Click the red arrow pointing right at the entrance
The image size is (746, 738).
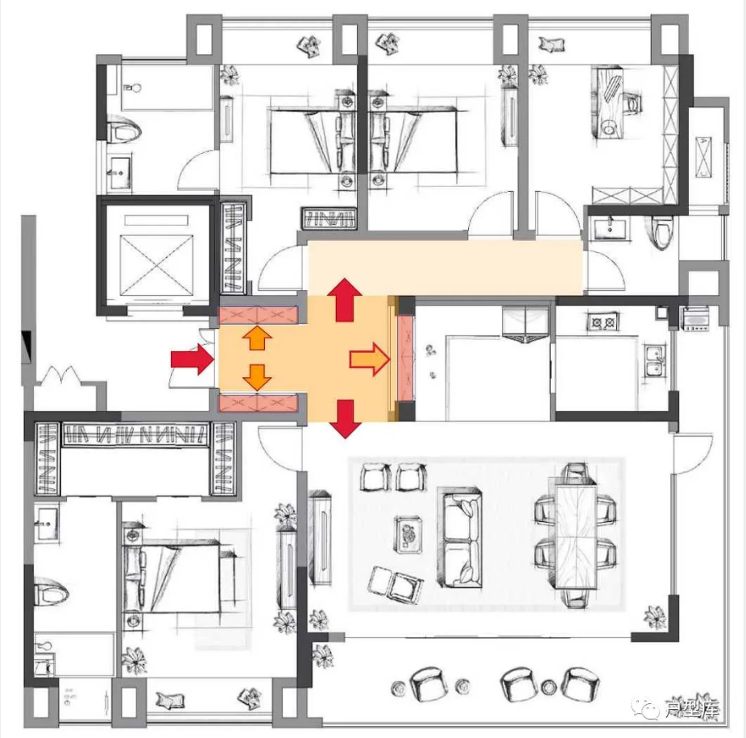pos(193,359)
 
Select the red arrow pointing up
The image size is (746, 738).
pos(345,300)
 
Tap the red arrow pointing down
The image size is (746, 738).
pos(346,419)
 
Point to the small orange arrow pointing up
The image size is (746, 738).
pos(257,338)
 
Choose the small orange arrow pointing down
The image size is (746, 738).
pos(257,378)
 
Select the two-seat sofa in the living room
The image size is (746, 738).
pos(459,537)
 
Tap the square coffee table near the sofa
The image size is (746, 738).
pos(408,535)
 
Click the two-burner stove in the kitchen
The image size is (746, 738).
pos(603,322)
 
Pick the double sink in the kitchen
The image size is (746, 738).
pos(655,361)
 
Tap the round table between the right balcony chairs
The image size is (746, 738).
pos(549,687)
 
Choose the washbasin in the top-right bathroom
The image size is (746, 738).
pos(610,227)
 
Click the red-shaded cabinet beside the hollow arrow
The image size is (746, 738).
pos(406,358)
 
